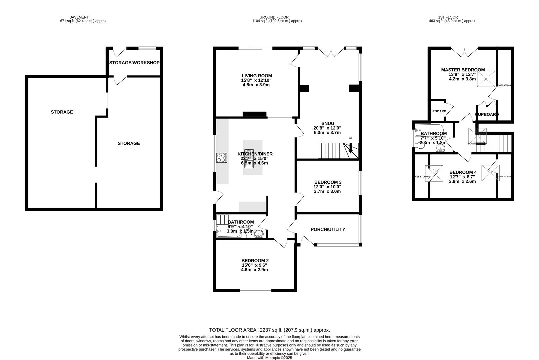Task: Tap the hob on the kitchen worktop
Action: pos(222,157)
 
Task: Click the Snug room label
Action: pos(328,123)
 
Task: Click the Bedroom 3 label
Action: pos(328,182)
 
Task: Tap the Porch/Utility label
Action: pos(328,229)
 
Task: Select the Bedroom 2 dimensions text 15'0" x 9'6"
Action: pos(255,265)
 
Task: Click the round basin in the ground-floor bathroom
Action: pos(259,235)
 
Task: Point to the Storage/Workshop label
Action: pos(134,63)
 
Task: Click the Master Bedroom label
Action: pos(463,70)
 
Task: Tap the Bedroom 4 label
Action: pos(463,172)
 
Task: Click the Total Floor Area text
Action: pos(269,330)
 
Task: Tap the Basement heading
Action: pos(79,17)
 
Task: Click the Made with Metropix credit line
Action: pos(269,358)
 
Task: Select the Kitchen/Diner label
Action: pos(255,154)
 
